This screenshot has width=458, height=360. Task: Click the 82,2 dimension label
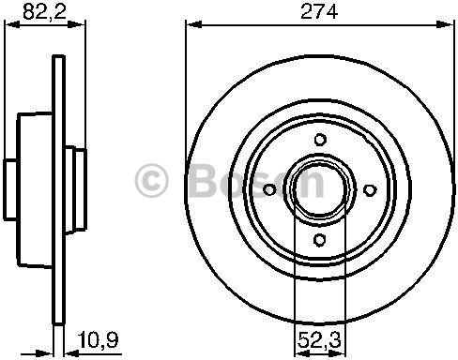[x=44, y=11]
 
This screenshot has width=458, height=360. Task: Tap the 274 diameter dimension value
[x=319, y=11]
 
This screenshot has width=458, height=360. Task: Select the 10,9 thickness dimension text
[x=99, y=339]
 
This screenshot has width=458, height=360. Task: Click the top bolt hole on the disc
[x=320, y=140]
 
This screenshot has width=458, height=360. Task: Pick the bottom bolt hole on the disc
[x=319, y=240]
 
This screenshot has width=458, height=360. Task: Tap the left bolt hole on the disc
[x=269, y=189]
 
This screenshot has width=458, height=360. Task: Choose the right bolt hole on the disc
[x=370, y=189]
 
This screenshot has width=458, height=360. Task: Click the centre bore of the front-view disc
[x=320, y=189]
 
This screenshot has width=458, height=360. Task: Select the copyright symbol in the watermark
[x=152, y=180]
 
